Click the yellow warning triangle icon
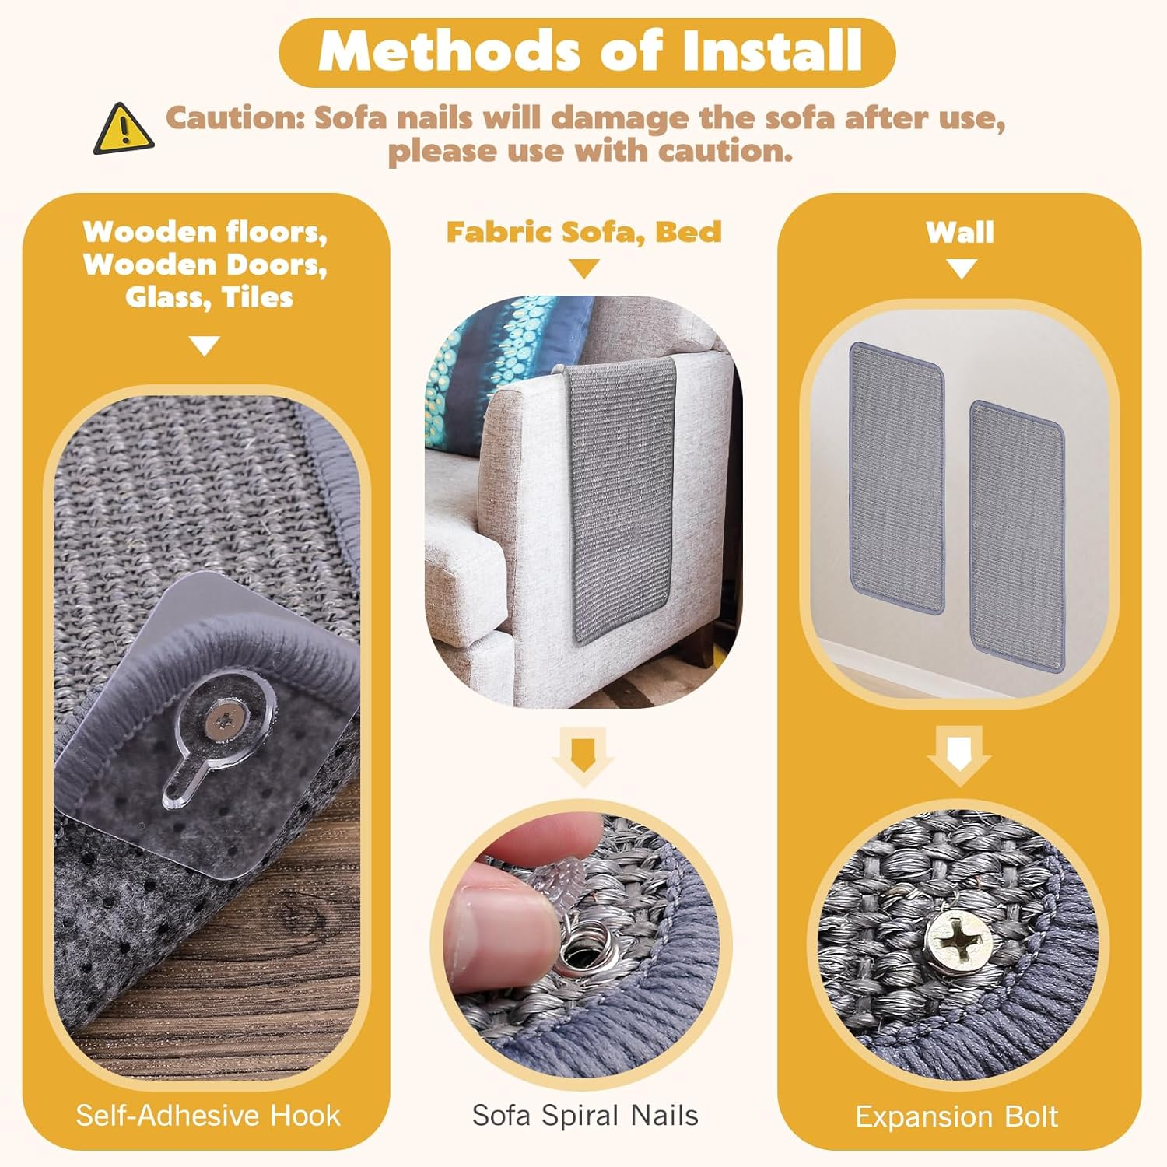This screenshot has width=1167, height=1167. click(123, 129)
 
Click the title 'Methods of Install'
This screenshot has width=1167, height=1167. click(590, 51)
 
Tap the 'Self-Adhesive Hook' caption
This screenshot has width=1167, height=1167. click(208, 1116)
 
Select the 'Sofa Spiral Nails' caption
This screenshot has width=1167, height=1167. click(585, 1116)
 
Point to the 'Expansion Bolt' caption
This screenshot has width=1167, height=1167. click(956, 1117)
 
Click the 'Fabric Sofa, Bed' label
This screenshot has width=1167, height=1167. click(583, 232)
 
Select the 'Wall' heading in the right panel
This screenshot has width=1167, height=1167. click(960, 232)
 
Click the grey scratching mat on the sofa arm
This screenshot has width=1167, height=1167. click(622, 498)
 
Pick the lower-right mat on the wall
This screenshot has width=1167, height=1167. click(1018, 536)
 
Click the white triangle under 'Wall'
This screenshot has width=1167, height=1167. click(961, 269)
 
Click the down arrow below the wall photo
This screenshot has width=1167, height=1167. click(959, 755)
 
